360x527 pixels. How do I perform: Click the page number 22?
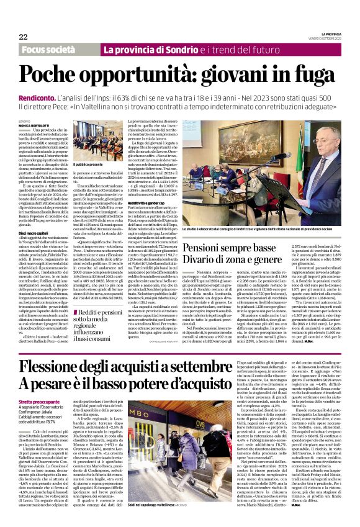click(x=23, y=37)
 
